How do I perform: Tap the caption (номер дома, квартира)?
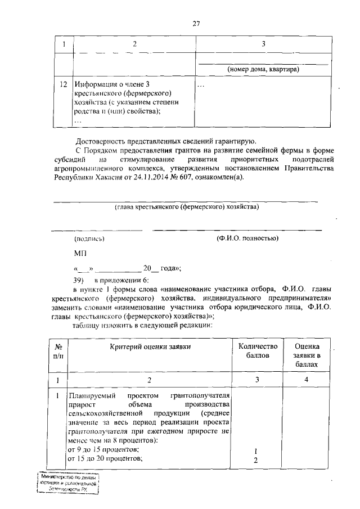262,69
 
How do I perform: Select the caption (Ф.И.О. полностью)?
247,238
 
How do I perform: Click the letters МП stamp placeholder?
80,254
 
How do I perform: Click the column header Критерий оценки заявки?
149,347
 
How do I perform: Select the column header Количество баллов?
258,352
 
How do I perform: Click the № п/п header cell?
58,352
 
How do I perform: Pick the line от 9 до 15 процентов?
103,451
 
